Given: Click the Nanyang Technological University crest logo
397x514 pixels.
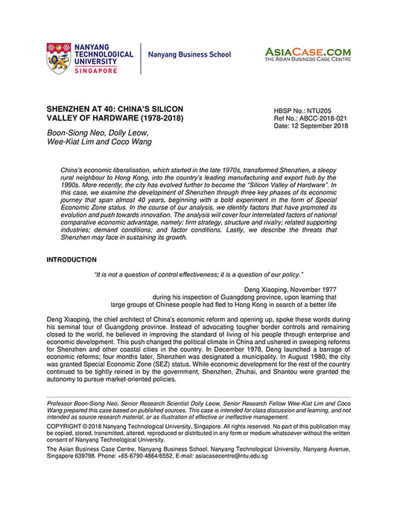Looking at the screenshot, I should (x=60, y=57).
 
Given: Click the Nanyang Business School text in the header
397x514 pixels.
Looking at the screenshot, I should (x=190, y=55).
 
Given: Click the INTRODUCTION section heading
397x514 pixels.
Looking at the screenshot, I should (x=72, y=260).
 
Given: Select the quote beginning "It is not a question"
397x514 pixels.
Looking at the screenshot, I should (x=198, y=275).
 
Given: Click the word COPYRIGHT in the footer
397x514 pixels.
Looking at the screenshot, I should (x=66, y=434).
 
